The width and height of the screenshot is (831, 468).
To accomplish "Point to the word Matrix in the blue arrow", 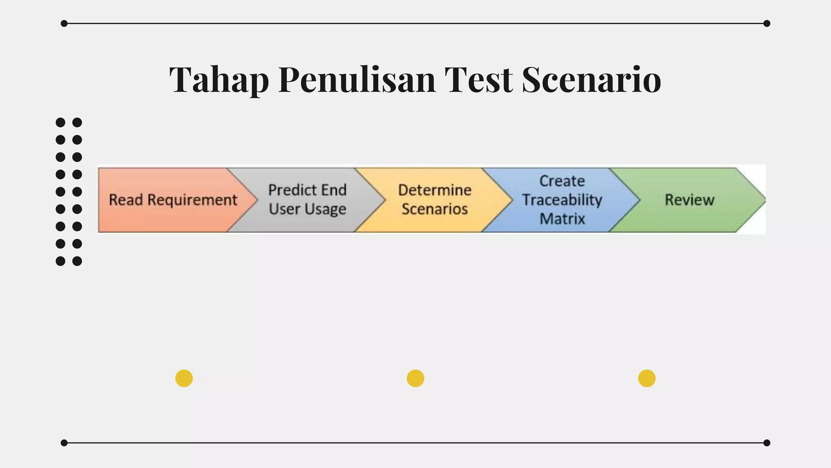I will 562,219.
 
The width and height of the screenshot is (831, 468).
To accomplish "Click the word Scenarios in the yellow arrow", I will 435,209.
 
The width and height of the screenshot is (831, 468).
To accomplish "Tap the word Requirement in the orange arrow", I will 192,200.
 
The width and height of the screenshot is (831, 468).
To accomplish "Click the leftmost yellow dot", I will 184,378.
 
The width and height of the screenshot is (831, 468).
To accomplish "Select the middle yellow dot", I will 415,378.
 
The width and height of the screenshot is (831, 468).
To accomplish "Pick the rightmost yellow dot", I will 646,378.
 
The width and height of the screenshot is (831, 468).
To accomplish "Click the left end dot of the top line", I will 64,24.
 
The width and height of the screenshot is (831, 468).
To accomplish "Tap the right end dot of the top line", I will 766,24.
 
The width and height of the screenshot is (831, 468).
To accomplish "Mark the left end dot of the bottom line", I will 64,443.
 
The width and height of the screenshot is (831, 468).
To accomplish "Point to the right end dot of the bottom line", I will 766,443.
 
